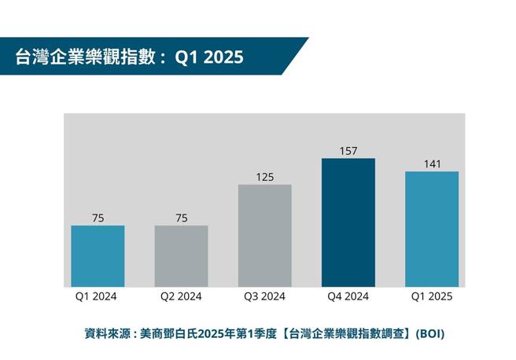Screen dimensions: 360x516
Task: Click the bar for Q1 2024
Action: click(x=98, y=256)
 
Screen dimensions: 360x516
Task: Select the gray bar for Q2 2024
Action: click(x=181, y=256)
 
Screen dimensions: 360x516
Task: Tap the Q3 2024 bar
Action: click(x=264, y=236)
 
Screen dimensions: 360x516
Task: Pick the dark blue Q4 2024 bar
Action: click(x=348, y=222)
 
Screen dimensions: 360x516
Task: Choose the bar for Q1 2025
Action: click(x=431, y=229)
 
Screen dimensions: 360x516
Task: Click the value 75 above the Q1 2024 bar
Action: click(x=98, y=218)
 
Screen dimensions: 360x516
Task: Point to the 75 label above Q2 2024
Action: click(x=181, y=218)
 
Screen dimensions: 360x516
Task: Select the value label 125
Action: click(x=264, y=177)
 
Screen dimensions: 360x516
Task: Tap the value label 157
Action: click(x=348, y=150)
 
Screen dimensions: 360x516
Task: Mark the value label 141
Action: click(x=431, y=163)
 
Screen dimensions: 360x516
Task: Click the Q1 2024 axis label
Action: click(x=98, y=296)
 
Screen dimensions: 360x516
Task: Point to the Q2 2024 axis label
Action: click(x=181, y=296)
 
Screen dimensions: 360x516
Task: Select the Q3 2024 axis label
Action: click(x=264, y=296)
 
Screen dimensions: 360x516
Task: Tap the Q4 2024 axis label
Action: click(x=348, y=296)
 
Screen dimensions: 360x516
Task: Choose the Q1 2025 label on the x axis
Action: click(x=431, y=296)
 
